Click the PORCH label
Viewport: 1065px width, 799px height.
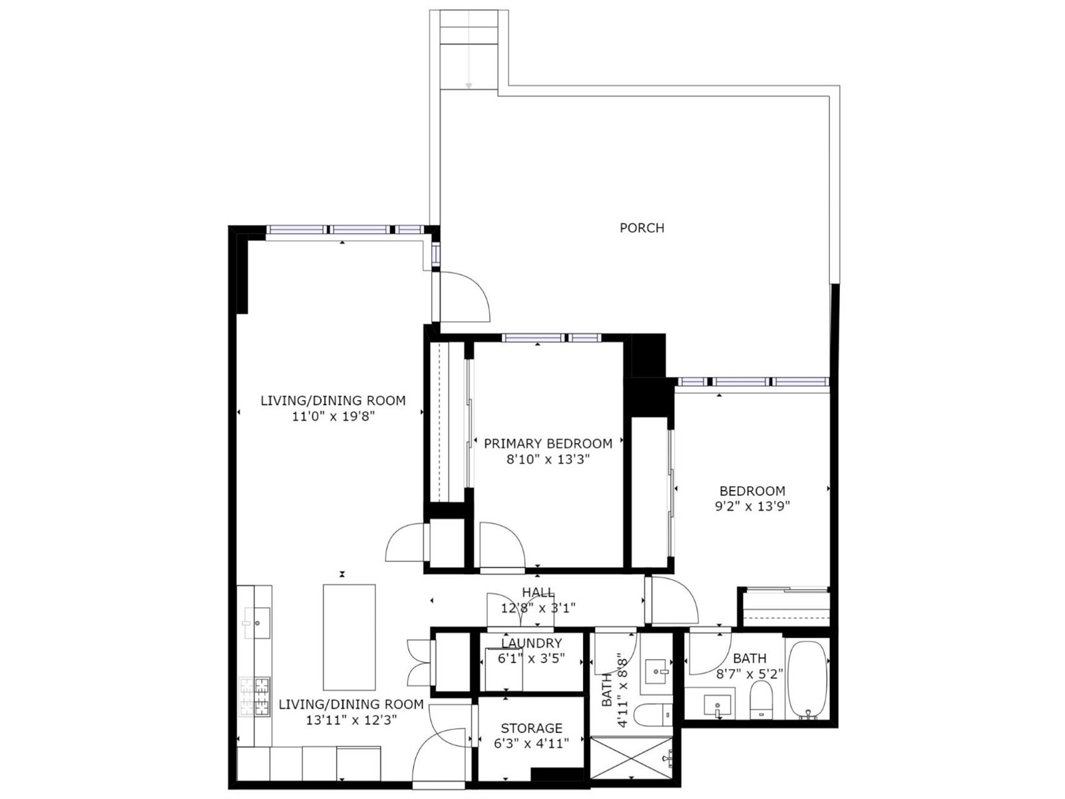click(642, 228)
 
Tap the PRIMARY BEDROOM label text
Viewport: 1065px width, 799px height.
click(548, 443)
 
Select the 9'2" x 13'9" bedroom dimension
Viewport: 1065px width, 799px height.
click(752, 507)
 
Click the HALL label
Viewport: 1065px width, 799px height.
click(538, 593)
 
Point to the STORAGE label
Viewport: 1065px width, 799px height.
click(531, 728)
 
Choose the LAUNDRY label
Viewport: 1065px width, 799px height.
click(531, 643)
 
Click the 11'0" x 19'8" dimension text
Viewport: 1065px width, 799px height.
click(333, 416)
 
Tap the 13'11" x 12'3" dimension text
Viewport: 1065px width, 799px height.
click(351, 720)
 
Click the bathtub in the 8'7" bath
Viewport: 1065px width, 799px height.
click(806, 680)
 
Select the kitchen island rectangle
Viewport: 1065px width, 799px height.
click(349, 637)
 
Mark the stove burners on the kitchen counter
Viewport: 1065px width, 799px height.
click(254, 696)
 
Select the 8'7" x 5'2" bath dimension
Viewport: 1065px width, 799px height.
click(749, 674)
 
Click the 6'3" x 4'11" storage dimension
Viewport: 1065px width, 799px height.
click(531, 743)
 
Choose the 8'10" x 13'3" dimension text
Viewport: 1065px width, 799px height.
click(548, 459)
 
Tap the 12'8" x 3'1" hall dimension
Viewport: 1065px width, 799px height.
click(538, 608)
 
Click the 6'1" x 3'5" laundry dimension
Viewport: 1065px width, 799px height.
click(531, 659)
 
